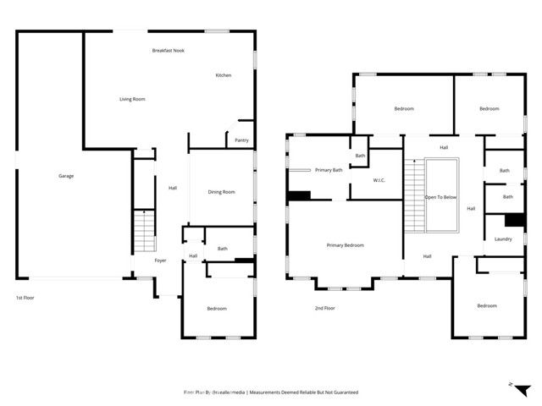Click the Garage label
coord(66,176)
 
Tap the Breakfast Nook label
coord(168,51)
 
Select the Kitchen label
coord(223,75)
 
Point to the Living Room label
coord(132,99)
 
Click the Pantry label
coord(241,140)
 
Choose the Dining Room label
coord(221,192)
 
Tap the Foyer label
coord(160,261)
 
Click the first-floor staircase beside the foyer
coord(144,230)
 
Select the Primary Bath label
coord(329,170)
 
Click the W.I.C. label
coord(380,180)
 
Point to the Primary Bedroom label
coord(345,245)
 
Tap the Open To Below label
coord(440,197)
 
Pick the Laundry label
coord(503,239)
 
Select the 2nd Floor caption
coord(325,308)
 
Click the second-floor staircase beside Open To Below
coord(412,197)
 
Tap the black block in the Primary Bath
coord(299,196)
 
